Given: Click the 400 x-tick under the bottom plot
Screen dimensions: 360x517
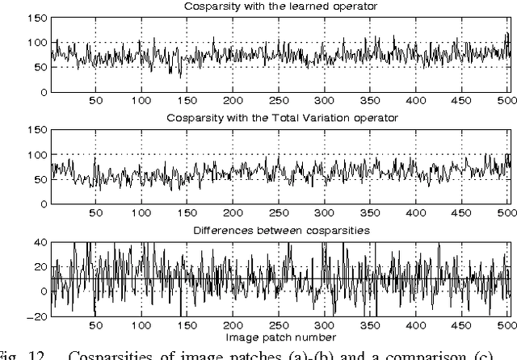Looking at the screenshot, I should coord(418,326).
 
